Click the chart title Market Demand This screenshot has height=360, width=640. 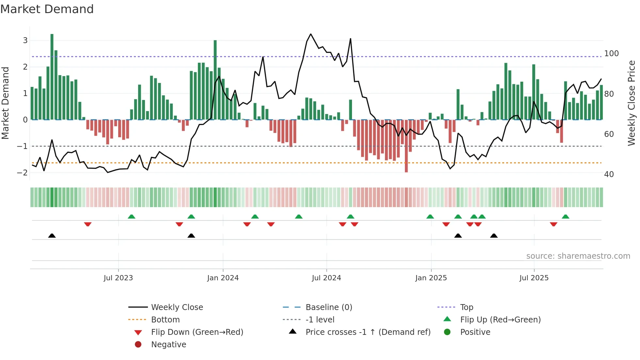[x=47, y=9]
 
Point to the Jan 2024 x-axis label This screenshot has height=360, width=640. [x=223, y=278]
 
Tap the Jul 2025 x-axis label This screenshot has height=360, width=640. [x=534, y=278]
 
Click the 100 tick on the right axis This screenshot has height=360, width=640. [x=611, y=53]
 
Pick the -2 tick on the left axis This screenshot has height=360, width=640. [x=22, y=172]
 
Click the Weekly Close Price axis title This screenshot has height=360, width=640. [x=632, y=103]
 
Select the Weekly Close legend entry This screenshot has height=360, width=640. [x=177, y=307]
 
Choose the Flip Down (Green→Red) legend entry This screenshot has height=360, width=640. [x=197, y=332]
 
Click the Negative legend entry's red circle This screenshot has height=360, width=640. [x=138, y=345]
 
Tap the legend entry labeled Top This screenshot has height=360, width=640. [x=466, y=307]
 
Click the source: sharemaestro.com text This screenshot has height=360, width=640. [x=578, y=256]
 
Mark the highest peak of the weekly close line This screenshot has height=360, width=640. [x=311, y=34]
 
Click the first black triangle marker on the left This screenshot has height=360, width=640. [x=52, y=236]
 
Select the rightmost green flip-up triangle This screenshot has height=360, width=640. [x=566, y=217]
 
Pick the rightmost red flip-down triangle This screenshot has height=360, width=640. [x=553, y=224]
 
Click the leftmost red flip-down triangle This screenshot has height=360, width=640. [x=88, y=224]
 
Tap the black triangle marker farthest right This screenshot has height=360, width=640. [x=494, y=236]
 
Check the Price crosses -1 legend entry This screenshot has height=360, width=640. [x=368, y=332]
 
